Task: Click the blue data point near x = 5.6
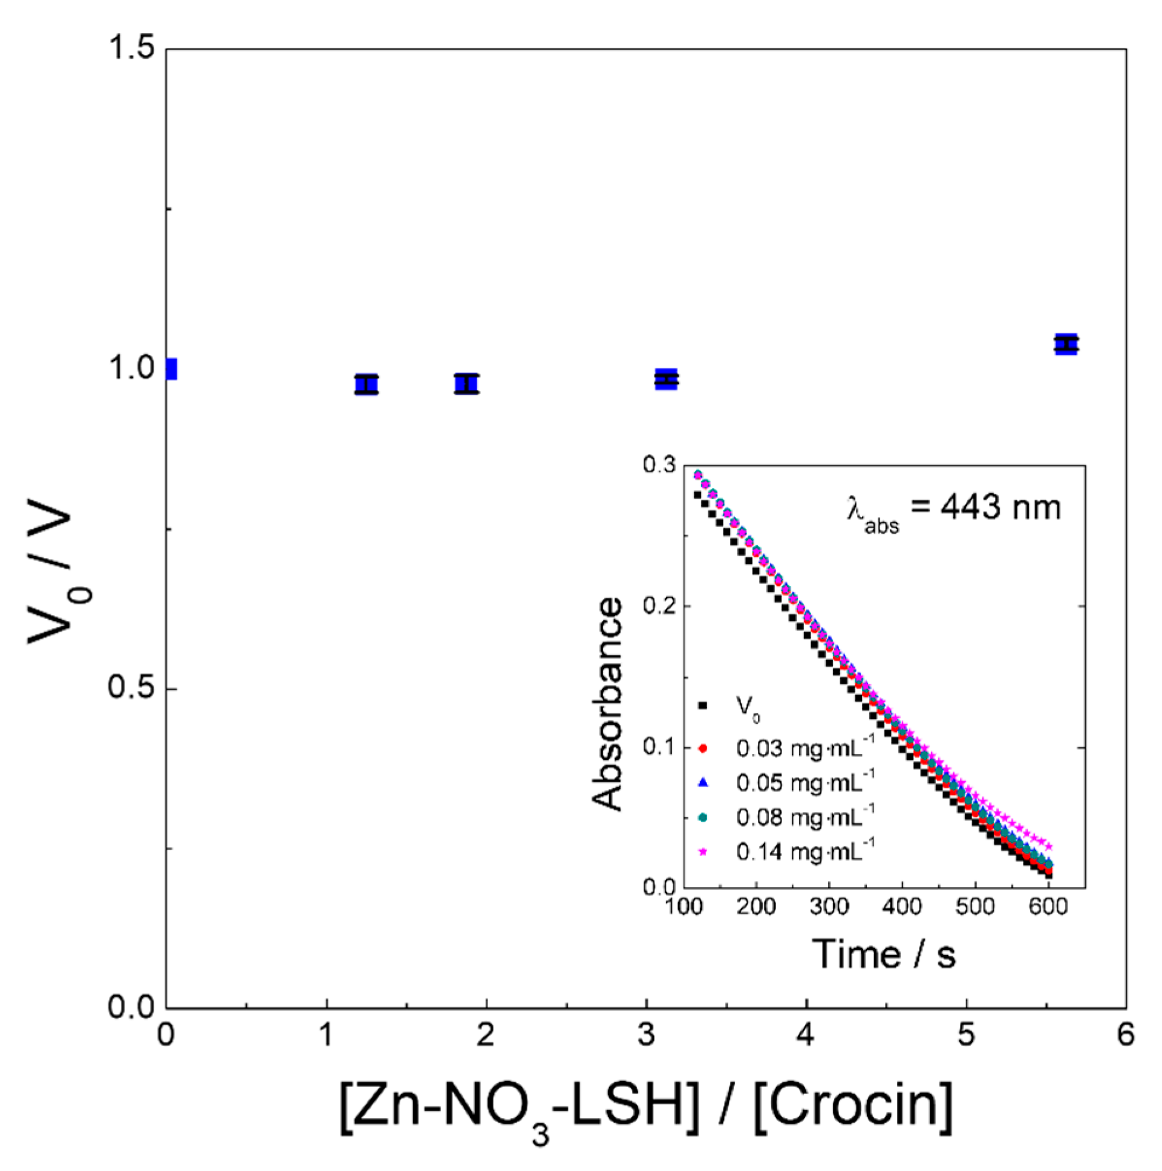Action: pos(1066,344)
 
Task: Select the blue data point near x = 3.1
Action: pos(667,380)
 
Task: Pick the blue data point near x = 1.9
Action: pos(466,384)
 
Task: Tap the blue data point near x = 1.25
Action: pos(367,385)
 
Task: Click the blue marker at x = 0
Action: pos(172,369)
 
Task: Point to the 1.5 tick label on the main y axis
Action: pos(131,48)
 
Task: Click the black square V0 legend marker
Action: pos(703,705)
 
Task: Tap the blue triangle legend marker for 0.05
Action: pos(703,782)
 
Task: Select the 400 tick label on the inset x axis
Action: pos(902,907)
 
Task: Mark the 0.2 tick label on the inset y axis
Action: pos(659,606)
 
